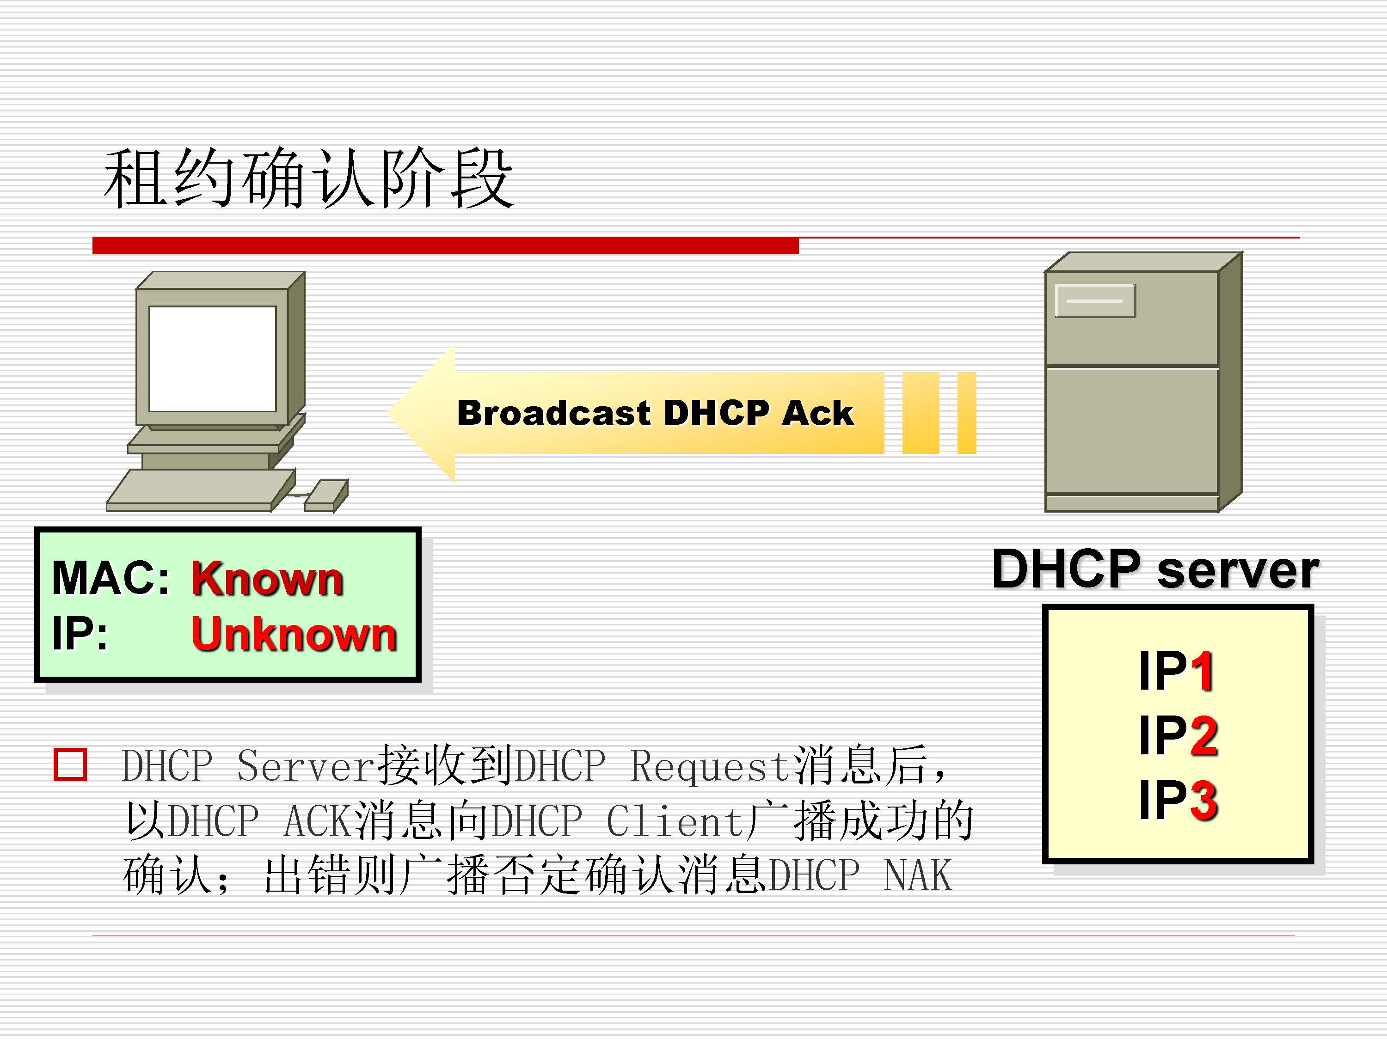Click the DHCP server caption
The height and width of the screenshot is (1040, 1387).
tap(1155, 569)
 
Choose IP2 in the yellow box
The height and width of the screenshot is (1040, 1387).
tap(1178, 735)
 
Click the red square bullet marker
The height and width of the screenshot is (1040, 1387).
tap(70, 764)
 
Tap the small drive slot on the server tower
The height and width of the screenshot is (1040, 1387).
tap(1095, 301)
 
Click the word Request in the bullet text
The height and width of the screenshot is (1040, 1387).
tap(709, 766)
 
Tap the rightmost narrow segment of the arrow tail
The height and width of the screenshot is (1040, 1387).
tap(966, 412)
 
